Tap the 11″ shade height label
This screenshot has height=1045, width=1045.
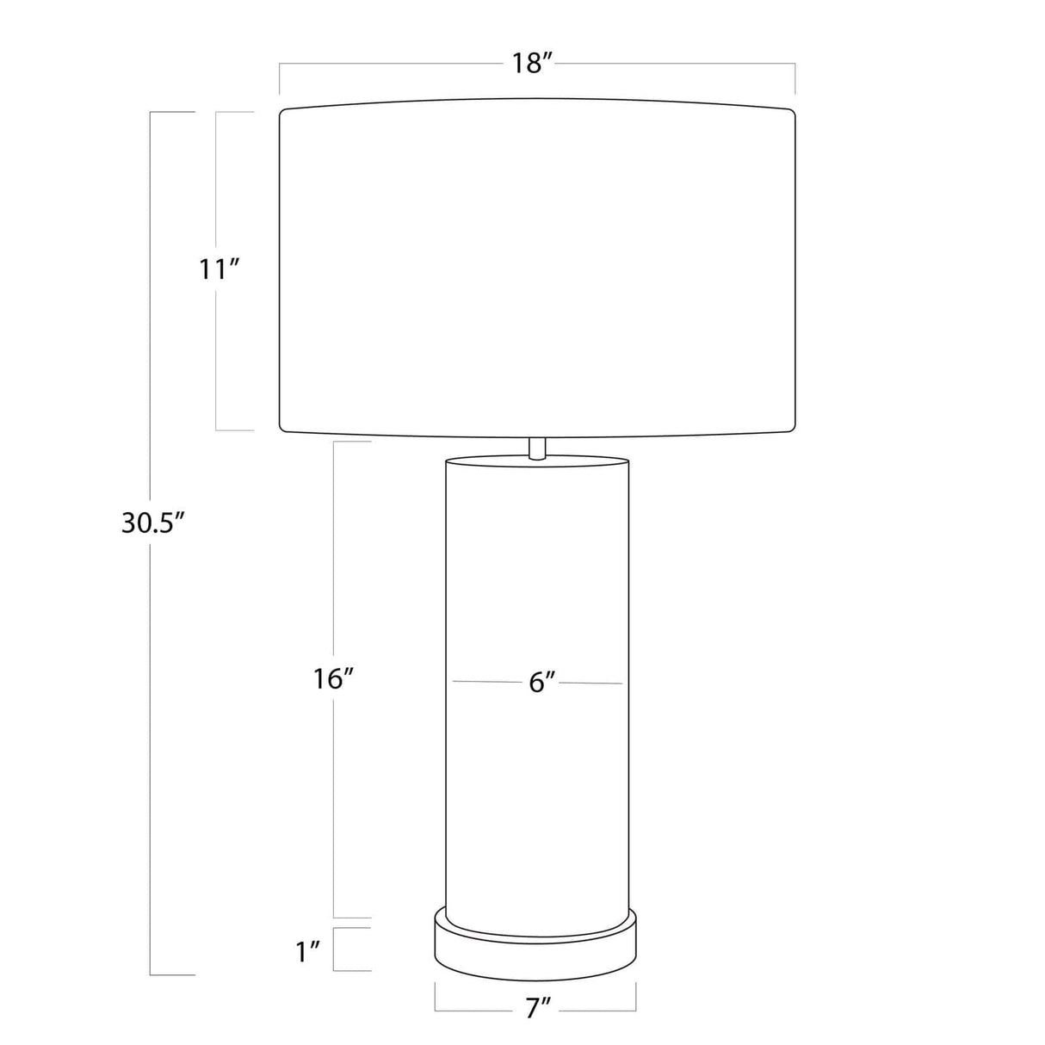tap(220, 269)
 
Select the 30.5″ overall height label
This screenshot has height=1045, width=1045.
tap(153, 523)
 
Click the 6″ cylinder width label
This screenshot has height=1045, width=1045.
tap(542, 683)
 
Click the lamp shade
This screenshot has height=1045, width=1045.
tap(537, 268)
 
